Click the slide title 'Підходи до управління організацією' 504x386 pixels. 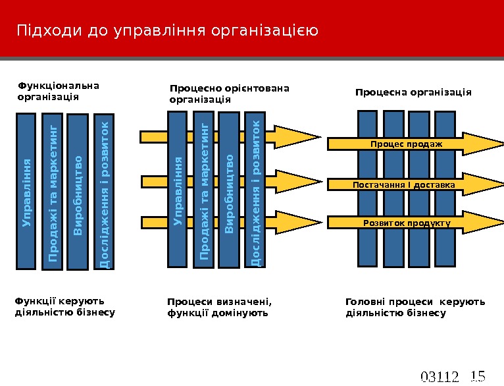168,31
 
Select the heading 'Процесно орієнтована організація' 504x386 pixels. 230,94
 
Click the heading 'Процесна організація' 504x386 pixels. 413,92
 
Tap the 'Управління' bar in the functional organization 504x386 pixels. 26,192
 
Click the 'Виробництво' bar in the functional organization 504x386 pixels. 78,193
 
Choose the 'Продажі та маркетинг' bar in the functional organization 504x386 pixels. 52,192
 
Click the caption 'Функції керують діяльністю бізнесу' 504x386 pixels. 64,307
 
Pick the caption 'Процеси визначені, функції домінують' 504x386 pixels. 220,308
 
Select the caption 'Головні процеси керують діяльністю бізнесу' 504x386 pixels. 415,308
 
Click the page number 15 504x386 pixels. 478,376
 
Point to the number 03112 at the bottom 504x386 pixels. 439,377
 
